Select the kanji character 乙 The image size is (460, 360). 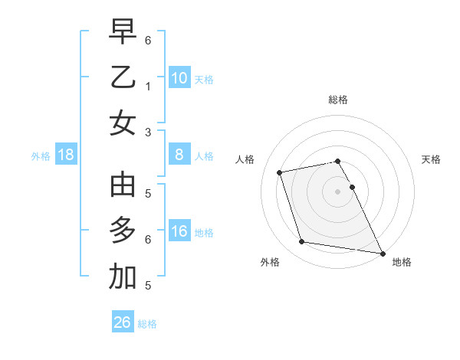(x=123, y=78)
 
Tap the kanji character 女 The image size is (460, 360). (x=123, y=123)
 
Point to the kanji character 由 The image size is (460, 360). (x=123, y=185)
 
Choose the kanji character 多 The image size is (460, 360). (x=123, y=231)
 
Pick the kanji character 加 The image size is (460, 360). (x=123, y=278)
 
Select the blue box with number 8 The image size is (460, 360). (x=179, y=155)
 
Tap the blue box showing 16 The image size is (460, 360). (x=179, y=231)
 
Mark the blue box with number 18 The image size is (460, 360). (x=66, y=155)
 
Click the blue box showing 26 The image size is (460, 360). (x=123, y=322)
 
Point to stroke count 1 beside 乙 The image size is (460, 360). (x=147, y=87)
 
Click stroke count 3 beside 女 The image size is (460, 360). (x=147, y=132)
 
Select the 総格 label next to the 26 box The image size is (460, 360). (x=147, y=324)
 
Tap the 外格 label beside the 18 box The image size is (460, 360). (x=41, y=156)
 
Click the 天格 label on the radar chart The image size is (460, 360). (x=431, y=159)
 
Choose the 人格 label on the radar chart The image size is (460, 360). (x=245, y=159)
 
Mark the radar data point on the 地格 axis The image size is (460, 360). (x=382, y=251)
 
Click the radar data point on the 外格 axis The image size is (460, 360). (x=302, y=242)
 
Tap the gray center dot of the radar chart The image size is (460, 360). (x=337, y=191)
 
